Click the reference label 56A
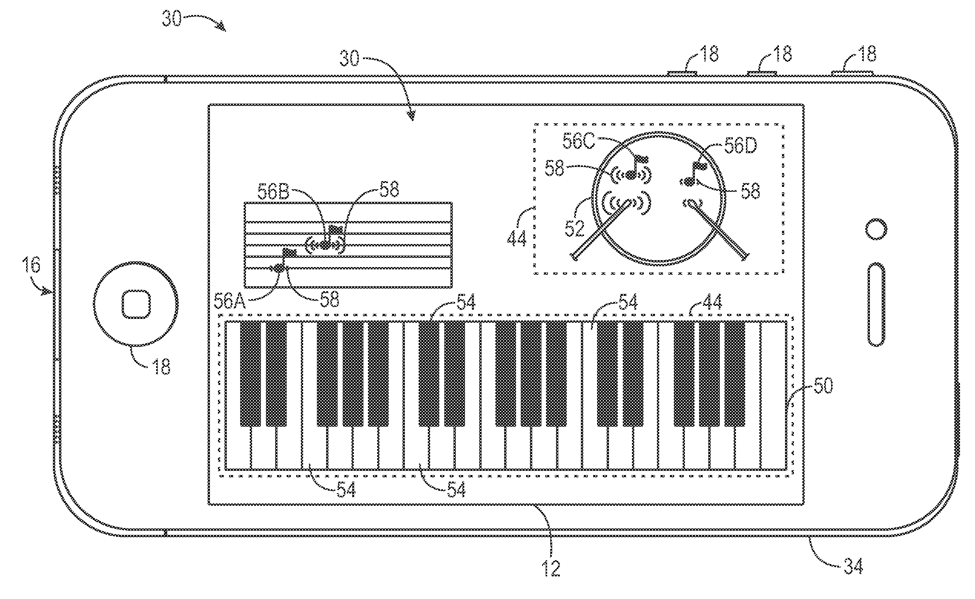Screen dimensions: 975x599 pos(230,301)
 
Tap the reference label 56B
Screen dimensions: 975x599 pos(273,192)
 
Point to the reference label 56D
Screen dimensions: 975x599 pos(740,146)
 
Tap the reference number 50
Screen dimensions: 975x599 pos(823,386)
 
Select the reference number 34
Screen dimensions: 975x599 pos(853,566)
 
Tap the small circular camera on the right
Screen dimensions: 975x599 pos(876,229)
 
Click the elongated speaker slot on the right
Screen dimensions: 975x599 pos(876,304)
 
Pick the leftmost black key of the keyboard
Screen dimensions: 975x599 pos(250,374)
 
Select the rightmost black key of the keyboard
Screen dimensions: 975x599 pos(735,374)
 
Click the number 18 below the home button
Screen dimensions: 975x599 pos(161,366)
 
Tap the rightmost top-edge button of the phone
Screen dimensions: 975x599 pos(852,73)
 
